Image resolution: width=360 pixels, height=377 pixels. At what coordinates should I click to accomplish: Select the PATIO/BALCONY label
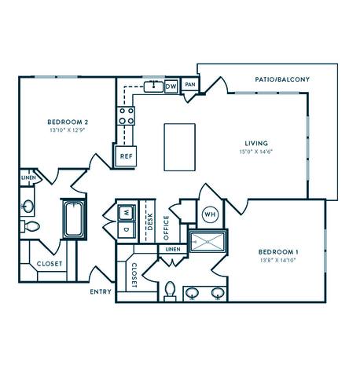[282, 79]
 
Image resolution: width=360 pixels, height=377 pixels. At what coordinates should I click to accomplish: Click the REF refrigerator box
[126, 156]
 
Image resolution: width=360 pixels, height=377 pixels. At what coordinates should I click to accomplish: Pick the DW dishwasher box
[171, 86]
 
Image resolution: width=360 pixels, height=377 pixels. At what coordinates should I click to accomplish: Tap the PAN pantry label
[189, 84]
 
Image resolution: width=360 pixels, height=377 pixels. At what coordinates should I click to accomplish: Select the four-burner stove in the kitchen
[126, 117]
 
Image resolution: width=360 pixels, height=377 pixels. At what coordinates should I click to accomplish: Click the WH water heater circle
[210, 214]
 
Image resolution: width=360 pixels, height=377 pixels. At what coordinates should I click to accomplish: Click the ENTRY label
[101, 292]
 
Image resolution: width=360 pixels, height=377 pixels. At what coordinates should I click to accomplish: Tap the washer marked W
[125, 212]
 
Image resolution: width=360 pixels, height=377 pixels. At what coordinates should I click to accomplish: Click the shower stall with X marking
[208, 240]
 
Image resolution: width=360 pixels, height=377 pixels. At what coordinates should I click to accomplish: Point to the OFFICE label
[166, 228]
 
